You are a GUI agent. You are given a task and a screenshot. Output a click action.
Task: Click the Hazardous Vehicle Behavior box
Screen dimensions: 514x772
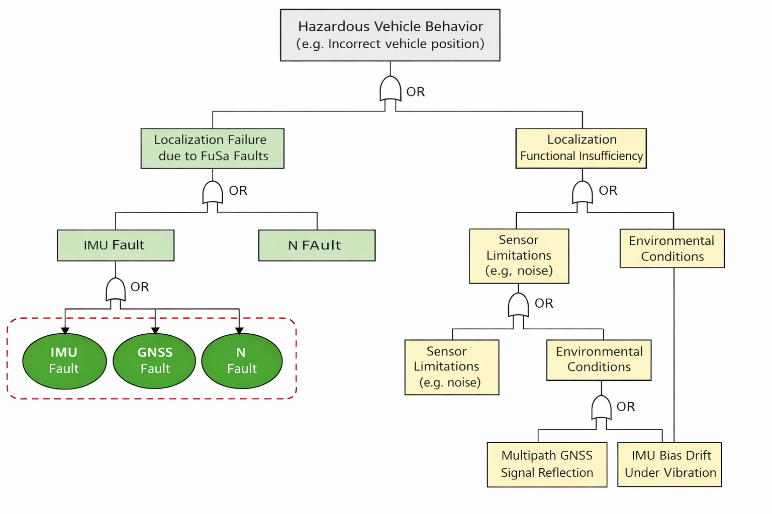pos(390,35)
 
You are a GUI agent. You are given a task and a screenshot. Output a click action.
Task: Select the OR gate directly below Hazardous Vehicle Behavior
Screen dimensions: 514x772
pos(390,90)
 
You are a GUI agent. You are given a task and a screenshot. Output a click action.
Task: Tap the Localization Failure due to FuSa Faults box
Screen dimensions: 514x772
pos(212,148)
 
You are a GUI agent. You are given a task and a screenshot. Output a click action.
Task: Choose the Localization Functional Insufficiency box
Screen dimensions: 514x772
pos(581,148)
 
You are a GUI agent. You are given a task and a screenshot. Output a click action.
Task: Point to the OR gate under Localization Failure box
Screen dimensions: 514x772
pos(213,193)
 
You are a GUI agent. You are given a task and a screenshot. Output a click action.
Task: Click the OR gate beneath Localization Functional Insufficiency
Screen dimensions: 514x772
pos(582,193)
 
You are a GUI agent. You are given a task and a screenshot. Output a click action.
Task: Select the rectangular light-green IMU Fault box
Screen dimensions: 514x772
pos(116,245)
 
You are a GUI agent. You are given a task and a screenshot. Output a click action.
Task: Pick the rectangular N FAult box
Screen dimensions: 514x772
pos(317,245)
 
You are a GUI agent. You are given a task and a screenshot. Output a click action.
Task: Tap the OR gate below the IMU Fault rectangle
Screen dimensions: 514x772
pos(116,290)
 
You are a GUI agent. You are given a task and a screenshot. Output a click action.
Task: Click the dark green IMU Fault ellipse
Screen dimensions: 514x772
pos(64,361)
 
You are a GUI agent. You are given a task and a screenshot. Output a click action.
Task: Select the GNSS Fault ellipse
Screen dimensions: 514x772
pos(154,361)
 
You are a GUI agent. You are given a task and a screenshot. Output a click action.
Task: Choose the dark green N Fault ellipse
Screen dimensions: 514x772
pos(242,361)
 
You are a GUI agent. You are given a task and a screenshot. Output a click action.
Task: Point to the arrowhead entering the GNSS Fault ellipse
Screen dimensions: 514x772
pos(155,330)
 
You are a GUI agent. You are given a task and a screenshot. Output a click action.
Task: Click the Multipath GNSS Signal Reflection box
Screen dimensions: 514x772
pos(547,464)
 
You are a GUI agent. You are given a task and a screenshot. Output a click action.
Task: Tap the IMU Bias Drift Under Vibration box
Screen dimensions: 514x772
pos(669,464)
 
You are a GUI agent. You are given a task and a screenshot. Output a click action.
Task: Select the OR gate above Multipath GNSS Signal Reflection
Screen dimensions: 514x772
pos(601,408)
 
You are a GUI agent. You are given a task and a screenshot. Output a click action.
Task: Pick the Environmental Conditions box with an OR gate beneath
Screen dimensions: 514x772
pos(599,360)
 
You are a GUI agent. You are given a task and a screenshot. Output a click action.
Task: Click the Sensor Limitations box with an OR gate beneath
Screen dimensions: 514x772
pos(519,256)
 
